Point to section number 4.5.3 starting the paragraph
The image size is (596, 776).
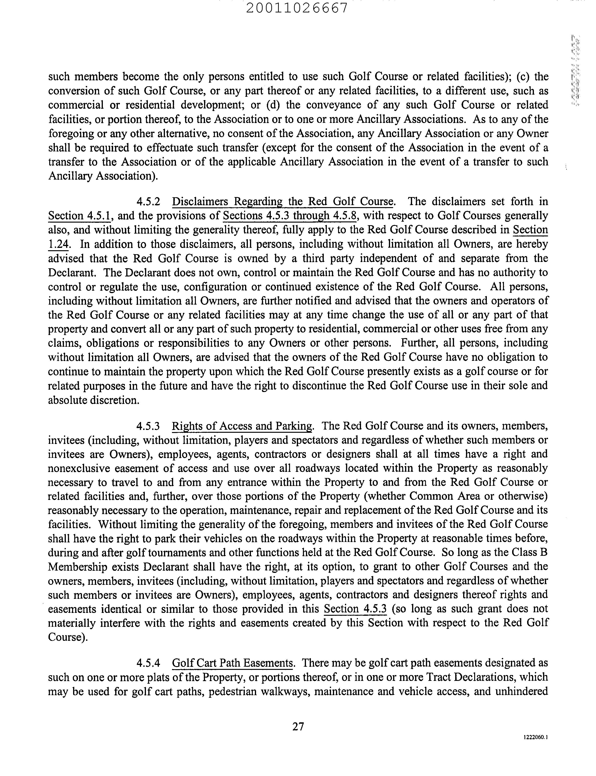148,426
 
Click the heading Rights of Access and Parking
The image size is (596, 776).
242,426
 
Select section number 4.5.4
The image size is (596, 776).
148,663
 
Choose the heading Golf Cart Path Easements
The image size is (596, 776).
233,663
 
